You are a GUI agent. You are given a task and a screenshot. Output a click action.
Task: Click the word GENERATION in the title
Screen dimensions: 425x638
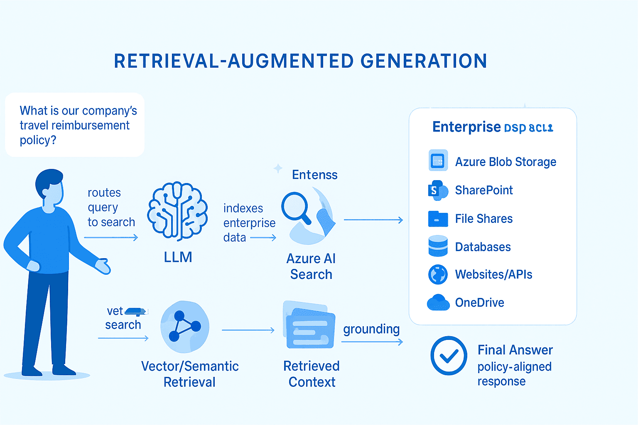coord(423,61)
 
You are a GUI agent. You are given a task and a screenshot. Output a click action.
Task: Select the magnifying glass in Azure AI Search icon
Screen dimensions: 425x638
coord(295,207)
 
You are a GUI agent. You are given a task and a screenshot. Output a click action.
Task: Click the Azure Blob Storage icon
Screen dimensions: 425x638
coord(438,161)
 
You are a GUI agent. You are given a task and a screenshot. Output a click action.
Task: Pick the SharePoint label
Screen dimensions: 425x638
coord(484,190)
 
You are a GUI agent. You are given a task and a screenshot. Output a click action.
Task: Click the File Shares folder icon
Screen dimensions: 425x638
coord(438,219)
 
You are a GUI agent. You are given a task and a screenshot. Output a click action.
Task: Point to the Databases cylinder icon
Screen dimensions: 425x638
coord(438,246)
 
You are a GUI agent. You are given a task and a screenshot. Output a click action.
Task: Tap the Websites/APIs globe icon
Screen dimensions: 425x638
coord(438,274)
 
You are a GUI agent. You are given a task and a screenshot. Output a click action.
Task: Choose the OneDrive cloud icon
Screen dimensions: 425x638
coord(438,303)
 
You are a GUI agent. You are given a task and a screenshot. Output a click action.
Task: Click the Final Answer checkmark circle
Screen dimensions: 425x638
coord(449,356)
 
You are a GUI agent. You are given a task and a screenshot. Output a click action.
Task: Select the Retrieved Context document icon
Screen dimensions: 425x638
coord(309,325)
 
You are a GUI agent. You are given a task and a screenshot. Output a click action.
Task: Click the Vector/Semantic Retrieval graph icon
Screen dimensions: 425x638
coord(184,327)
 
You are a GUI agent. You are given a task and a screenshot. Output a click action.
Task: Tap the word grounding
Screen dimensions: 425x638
coord(371,329)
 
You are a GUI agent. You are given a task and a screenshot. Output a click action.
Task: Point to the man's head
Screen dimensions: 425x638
coord(50,187)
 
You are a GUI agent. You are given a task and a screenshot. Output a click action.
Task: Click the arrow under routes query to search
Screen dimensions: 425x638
coord(111,237)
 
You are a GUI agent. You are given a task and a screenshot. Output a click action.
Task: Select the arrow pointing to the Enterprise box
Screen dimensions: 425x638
coord(373,220)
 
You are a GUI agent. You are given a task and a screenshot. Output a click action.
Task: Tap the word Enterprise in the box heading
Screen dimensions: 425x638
coord(466,127)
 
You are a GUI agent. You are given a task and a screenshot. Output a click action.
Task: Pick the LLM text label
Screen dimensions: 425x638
coord(178,257)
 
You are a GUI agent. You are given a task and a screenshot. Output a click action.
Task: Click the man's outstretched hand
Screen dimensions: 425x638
coord(103,266)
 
